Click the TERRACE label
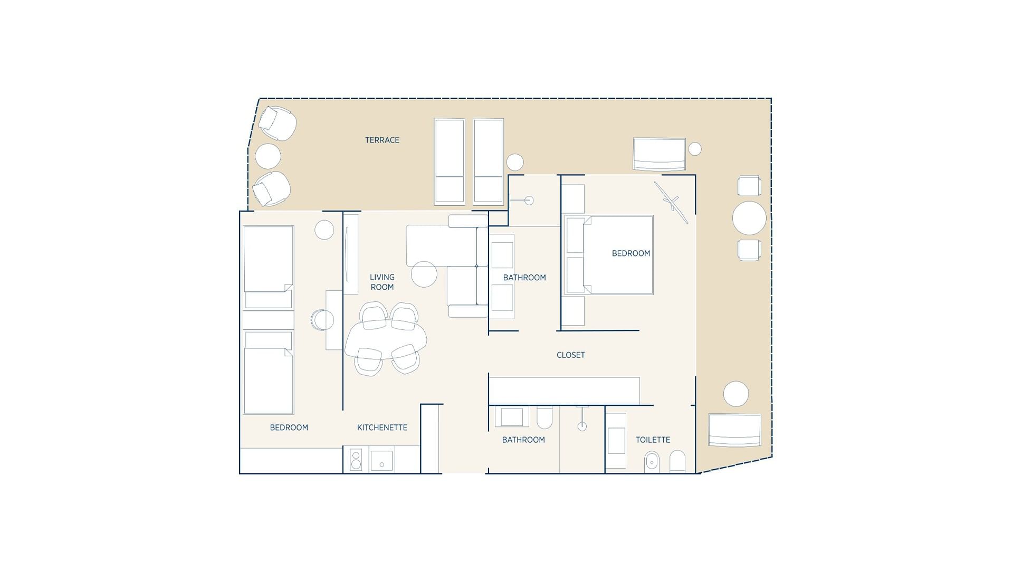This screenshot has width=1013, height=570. pos(382,140)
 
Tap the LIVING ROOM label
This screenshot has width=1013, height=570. pos(382,282)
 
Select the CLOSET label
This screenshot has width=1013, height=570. pos(570,355)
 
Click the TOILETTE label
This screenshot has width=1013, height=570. pos(653,440)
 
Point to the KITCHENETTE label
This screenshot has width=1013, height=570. pos(382,427)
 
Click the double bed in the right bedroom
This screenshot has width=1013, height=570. pos(617,255)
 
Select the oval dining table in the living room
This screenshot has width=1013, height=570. pos(385,340)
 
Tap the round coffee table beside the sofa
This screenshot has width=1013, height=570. pos(424,274)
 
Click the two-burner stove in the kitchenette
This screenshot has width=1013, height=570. pos(356,460)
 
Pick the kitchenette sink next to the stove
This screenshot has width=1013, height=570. pos(381,460)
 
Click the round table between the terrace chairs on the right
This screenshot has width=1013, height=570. pos(749,218)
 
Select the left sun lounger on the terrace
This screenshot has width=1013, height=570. pos(450,161)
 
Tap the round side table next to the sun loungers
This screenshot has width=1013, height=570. pos(515,162)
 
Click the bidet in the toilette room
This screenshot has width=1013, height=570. pos(652,462)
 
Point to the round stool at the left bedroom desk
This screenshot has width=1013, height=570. pos(322,320)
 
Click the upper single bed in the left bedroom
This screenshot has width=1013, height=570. pos(268,267)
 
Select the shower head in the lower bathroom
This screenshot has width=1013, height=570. pos(582,426)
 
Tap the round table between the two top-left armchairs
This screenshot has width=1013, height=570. pos(268,156)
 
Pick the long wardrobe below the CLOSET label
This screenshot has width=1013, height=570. pos(565,391)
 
